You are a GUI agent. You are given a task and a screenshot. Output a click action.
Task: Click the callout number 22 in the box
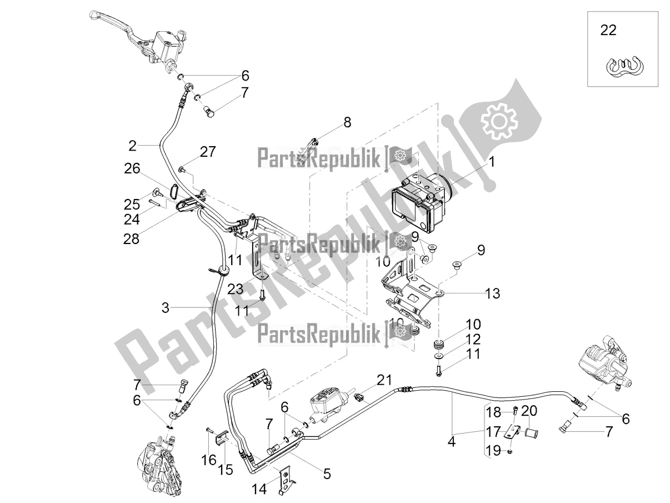click(x=608, y=31)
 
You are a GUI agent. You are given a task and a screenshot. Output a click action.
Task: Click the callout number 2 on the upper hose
click(x=132, y=147)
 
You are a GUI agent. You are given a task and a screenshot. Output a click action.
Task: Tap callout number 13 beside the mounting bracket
click(x=492, y=293)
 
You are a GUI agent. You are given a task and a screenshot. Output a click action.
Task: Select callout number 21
click(x=384, y=380)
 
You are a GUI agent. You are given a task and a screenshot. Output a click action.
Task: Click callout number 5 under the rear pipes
click(x=327, y=474)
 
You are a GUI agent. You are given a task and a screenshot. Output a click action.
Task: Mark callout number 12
click(x=473, y=338)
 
